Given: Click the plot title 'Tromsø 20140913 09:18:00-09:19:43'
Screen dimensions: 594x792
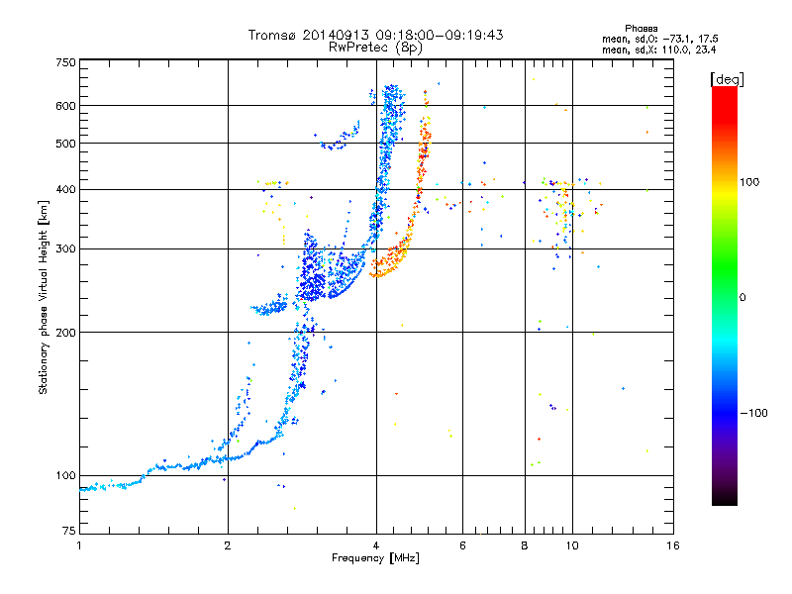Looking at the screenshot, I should [x=375, y=35].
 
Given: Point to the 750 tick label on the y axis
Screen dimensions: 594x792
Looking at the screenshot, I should [x=64, y=62].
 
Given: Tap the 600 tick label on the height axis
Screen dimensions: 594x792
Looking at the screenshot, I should [x=64, y=106].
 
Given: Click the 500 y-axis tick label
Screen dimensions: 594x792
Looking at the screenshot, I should [x=64, y=144].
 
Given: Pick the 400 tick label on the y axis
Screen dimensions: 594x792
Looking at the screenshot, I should [x=64, y=189].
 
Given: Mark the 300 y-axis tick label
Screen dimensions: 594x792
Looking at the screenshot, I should [x=64, y=248].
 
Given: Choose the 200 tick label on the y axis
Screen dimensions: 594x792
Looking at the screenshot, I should [x=64, y=332].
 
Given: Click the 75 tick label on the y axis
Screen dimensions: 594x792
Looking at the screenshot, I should [x=67, y=535].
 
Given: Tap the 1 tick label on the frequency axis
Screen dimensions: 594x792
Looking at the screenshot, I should [x=79, y=545].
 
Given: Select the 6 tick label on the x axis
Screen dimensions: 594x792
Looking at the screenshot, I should [x=462, y=545].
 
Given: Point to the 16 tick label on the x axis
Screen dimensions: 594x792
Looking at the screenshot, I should [x=672, y=545].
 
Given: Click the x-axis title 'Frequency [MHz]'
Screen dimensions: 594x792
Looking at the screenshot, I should [x=375, y=557].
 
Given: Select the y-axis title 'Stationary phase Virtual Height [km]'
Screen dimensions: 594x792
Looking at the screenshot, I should [x=44, y=297].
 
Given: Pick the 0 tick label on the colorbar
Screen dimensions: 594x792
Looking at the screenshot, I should [x=743, y=297].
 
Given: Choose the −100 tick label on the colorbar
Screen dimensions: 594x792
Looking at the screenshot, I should [x=754, y=412].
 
